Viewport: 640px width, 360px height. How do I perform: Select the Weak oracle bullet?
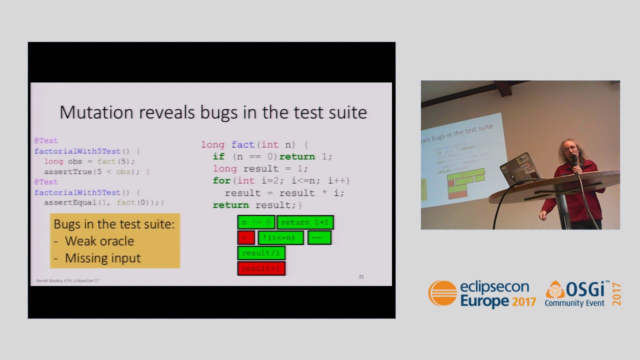pyautogui.click(x=99, y=241)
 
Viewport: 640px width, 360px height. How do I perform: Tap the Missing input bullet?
pyautogui.click(x=102, y=258)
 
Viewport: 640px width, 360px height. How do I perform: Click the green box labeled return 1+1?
pyautogui.click(x=305, y=222)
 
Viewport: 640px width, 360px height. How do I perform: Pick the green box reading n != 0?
pyautogui.click(x=256, y=222)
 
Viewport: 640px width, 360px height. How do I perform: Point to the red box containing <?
pyautogui.click(x=245, y=237)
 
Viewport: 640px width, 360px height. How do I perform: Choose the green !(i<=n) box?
pyautogui.click(x=280, y=237)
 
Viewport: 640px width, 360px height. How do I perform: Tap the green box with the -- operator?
pyautogui.click(x=319, y=237)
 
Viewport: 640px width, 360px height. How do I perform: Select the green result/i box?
pyautogui.click(x=261, y=253)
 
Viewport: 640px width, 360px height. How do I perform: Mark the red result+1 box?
pyautogui.click(x=261, y=268)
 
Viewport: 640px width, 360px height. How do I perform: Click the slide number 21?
pyautogui.click(x=361, y=276)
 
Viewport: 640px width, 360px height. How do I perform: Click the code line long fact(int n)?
pyautogui.click(x=254, y=144)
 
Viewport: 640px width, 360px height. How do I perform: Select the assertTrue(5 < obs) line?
pyautogui.click(x=96, y=171)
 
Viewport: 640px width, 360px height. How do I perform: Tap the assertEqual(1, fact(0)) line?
pyautogui.click(x=103, y=202)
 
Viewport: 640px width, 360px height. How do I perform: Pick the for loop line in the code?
pyautogui.click(x=281, y=180)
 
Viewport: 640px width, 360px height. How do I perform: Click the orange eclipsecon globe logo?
pyautogui.click(x=442, y=293)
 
